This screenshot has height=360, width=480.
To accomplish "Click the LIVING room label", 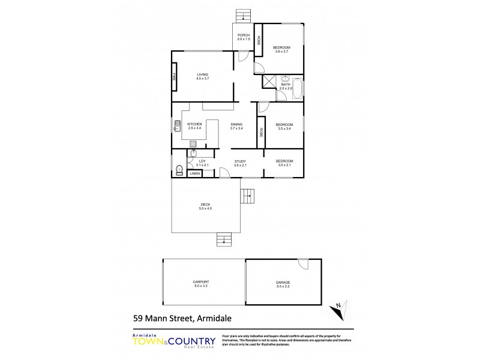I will tap(202, 74).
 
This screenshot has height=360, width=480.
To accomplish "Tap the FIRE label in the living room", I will tap(175, 77).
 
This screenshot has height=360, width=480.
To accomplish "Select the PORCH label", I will tap(243, 35).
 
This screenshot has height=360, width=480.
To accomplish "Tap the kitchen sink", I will tap(177, 126).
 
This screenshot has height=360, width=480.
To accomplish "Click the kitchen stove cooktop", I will tap(193, 143).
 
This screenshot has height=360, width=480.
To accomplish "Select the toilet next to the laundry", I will tap(179, 170).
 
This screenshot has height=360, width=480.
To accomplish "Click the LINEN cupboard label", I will tap(194, 173).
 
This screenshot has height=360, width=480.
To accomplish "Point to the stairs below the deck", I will tap(224, 239).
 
